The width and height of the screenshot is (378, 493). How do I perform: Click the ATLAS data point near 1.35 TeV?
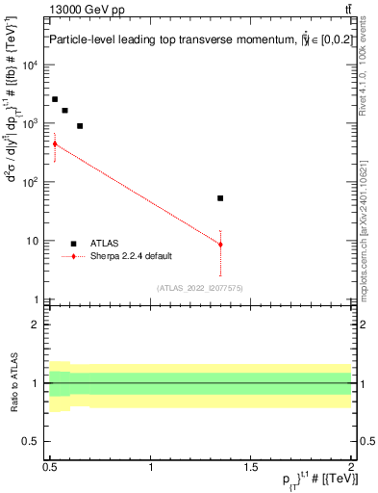[x=220, y=198]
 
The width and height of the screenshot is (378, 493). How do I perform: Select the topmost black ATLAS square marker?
[x=55, y=99]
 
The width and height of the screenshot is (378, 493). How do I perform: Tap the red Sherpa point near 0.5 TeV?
[x=55, y=144]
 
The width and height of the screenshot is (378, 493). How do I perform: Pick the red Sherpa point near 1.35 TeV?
[x=220, y=245]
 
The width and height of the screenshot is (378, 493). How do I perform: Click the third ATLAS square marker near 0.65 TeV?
[x=81, y=126]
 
